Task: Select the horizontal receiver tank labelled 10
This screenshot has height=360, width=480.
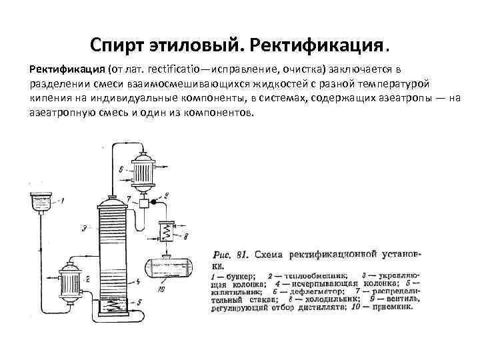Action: click(165, 269)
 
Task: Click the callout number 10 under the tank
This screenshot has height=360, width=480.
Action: click(161, 289)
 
